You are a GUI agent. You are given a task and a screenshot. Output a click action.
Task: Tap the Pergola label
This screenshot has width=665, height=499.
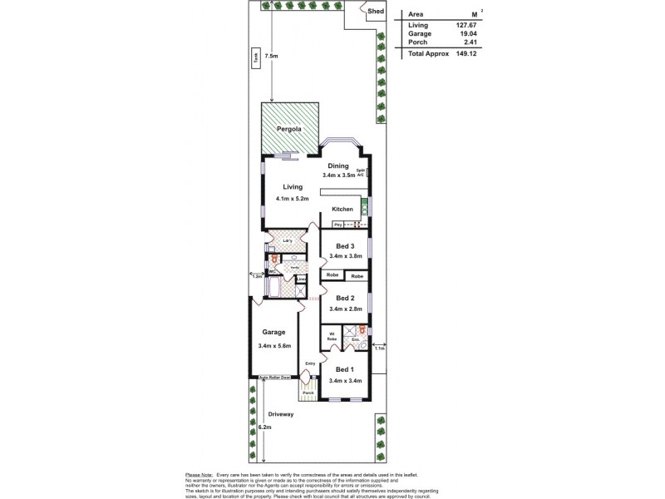point(288,130)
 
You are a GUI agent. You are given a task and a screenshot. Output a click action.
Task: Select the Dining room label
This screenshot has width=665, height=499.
point(337,166)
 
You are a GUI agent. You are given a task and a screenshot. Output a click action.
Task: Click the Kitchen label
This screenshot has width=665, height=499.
point(342,209)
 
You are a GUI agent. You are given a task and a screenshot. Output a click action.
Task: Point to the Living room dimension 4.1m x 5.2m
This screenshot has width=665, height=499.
point(293,200)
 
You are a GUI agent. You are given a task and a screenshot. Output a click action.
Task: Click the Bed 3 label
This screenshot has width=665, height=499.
point(346,246)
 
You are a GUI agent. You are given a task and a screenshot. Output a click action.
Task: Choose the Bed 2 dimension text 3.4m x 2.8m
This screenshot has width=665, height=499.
point(346,309)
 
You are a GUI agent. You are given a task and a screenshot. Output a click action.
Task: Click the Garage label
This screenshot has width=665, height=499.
point(274,332)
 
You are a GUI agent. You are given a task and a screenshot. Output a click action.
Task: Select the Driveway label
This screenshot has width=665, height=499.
point(281,413)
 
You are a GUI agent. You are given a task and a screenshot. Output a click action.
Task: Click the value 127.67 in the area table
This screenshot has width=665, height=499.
point(465,26)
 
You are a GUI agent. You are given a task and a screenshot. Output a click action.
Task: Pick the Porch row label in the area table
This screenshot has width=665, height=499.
point(417,42)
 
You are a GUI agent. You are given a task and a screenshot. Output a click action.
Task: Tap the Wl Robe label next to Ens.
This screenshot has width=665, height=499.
point(331,338)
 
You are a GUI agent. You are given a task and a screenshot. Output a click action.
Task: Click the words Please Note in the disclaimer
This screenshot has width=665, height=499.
point(199,474)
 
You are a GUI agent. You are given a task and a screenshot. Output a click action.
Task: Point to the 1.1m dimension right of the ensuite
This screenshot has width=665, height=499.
point(380,348)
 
